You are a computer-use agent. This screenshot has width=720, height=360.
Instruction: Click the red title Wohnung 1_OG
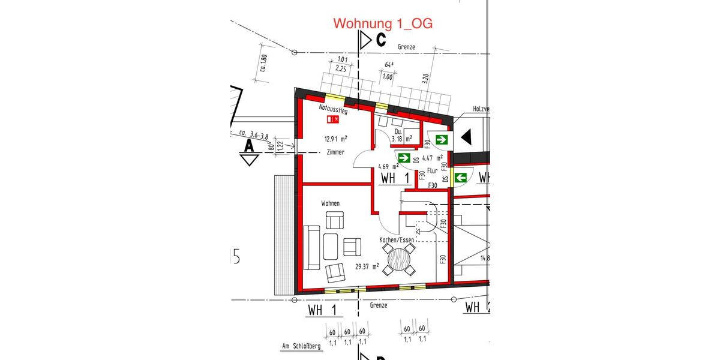(x=383, y=23)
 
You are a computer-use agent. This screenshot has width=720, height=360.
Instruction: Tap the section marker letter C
(x=380, y=41)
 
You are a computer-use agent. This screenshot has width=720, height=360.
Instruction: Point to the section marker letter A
(x=248, y=146)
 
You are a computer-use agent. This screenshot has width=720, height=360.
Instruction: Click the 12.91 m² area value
(x=337, y=139)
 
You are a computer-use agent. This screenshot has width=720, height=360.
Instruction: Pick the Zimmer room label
(x=335, y=152)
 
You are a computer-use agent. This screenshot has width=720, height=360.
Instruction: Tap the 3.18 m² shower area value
(x=401, y=139)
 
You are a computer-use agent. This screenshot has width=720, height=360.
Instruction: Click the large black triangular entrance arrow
(x=466, y=137)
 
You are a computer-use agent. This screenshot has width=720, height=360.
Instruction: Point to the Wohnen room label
(x=330, y=203)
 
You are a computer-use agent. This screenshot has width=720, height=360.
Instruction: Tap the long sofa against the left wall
(x=311, y=247)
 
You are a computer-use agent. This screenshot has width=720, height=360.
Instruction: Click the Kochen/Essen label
(x=397, y=240)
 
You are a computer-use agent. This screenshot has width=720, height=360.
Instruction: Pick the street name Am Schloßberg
(x=301, y=346)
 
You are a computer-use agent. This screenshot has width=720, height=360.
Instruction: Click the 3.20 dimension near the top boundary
(x=425, y=79)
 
